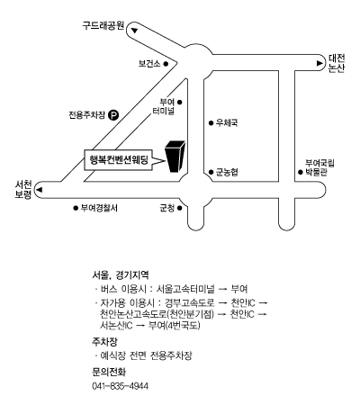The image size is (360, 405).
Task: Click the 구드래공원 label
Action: [x=103, y=25]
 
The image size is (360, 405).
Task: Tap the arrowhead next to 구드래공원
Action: [x=134, y=31]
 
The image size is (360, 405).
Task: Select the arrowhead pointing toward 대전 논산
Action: [x=319, y=63]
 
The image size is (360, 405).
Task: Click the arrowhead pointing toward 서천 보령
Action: [x=40, y=190]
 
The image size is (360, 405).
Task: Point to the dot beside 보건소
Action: [x=166, y=64]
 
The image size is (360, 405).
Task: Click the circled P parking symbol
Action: [x=113, y=114]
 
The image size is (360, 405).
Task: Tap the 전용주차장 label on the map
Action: [x=87, y=114]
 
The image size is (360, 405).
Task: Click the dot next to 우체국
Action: [x=211, y=122]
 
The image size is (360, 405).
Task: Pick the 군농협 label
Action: [x=227, y=172]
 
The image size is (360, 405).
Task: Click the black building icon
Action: [x=175, y=157]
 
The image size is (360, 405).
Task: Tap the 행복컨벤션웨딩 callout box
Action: [x=118, y=160]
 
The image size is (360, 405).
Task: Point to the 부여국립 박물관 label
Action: [x=319, y=167]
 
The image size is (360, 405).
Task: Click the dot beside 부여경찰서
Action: [x=76, y=208]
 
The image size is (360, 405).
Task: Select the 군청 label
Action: [x=166, y=208]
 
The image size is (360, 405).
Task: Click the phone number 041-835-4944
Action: [x=120, y=386]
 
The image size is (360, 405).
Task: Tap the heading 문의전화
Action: [x=109, y=372]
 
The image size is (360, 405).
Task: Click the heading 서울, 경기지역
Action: [x=121, y=274]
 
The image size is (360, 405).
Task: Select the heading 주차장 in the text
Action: [x=104, y=341]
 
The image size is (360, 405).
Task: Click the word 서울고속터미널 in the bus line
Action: [x=185, y=289]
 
